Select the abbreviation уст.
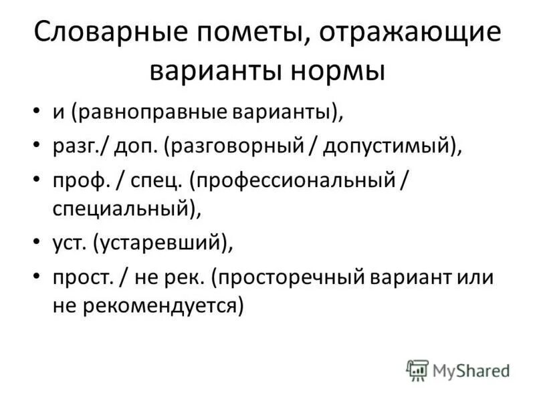pyautogui.click(x=69, y=243)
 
